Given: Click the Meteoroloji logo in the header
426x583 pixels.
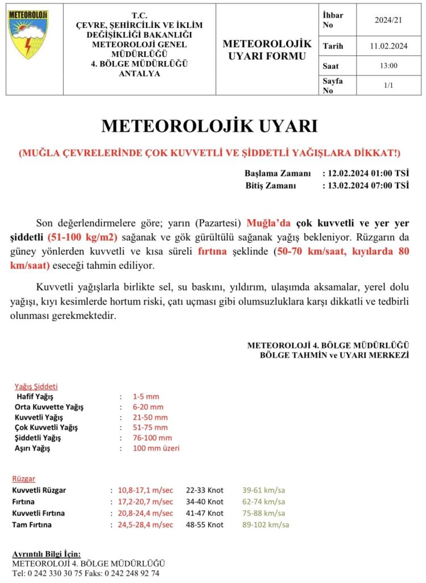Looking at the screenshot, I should click(28, 35).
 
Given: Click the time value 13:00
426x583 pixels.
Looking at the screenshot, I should click(388, 66).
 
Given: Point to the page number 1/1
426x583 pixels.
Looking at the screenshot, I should click(388, 85).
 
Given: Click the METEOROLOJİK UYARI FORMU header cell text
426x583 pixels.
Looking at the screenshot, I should click(267, 50).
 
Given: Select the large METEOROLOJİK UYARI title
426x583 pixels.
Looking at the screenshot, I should click(209, 126).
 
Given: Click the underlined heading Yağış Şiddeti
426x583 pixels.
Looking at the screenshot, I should click(36, 385).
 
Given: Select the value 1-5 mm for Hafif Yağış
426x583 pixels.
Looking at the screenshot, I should click(146, 396).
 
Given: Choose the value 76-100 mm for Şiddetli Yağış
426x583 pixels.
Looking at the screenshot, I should click(152, 438).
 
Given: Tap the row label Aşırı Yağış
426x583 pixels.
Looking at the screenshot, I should click(32, 449).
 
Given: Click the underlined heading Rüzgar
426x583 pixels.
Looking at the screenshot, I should click(23, 479).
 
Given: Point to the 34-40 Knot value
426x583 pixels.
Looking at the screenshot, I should click(205, 502).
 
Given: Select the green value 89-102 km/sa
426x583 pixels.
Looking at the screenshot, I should click(266, 524).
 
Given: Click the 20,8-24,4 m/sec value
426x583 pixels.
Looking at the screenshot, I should click(146, 513).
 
